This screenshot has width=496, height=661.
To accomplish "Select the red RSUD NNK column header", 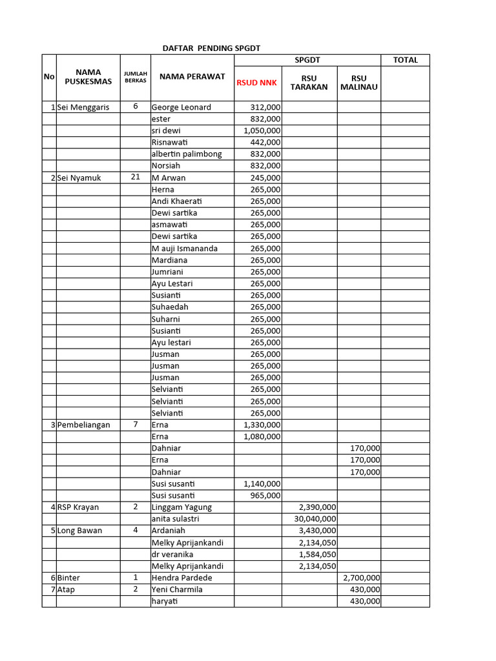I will click(x=256, y=83).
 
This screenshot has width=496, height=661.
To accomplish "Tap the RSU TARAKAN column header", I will click(x=309, y=83).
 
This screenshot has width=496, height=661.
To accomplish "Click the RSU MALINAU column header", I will click(x=358, y=83).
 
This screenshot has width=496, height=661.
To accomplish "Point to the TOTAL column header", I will click(x=405, y=60).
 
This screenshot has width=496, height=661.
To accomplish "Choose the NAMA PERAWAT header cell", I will click(x=192, y=77).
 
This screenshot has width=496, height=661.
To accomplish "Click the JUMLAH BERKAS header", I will click(x=135, y=77).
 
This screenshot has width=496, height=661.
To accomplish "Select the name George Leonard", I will click(x=181, y=107).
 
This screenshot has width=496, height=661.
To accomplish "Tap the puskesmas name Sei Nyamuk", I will click(x=79, y=178).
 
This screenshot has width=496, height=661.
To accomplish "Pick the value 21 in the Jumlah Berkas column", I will click(x=135, y=177).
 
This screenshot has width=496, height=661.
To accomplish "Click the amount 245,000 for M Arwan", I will click(x=265, y=178).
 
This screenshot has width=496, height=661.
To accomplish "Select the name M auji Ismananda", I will click(x=184, y=249).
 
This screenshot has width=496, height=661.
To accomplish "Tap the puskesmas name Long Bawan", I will click(x=80, y=531).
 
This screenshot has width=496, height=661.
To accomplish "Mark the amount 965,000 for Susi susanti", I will click(x=265, y=496).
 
